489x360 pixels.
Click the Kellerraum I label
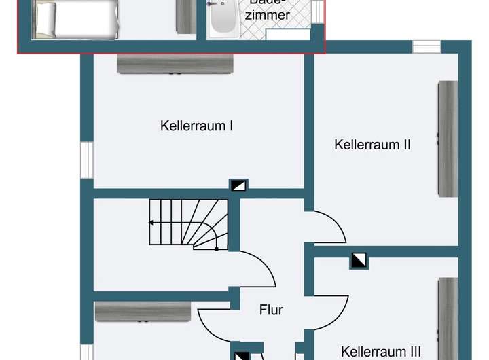click(198, 126)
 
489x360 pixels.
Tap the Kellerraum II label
click(373, 145)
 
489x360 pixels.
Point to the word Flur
click(271, 310)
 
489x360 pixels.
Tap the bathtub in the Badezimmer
click(223, 18)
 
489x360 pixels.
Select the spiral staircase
click(188, 223)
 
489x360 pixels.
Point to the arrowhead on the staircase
click(151, 222)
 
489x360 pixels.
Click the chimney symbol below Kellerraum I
click(238, 185)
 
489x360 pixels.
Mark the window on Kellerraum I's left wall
click(86, 161)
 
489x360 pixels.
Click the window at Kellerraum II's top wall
click(427, 46)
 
